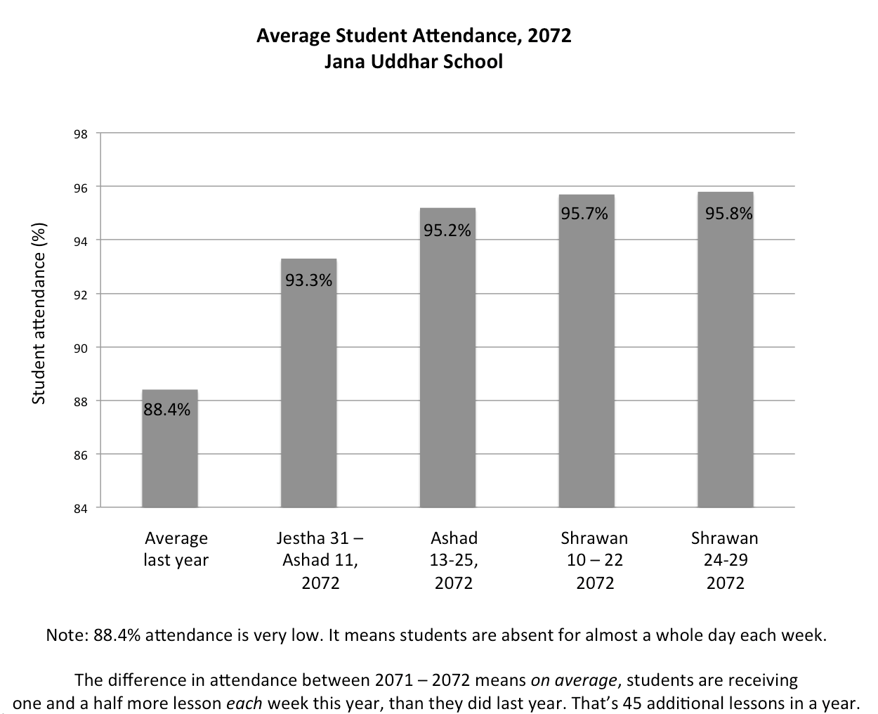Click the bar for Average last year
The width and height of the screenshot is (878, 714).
(x=169, y=457)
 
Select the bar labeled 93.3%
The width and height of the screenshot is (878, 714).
(x=308, y=394)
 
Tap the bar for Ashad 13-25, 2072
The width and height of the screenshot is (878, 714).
(x=447, y=365)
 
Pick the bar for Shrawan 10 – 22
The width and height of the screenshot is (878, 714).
(x=587, y=358)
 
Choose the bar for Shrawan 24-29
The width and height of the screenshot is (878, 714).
(x=726, y=358)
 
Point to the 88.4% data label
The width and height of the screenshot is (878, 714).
(x=167, y=410)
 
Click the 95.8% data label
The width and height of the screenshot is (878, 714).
(x=728, y=213)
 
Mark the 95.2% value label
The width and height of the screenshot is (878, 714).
(x=447, y=230)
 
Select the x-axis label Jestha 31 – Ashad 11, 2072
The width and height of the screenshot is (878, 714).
(x=320, y=561)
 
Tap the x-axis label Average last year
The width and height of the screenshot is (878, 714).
(x=176, y=550)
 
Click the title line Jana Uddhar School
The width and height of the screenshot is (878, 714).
(x=414, y=62)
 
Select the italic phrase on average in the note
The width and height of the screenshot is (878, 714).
(x=574, y=680)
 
